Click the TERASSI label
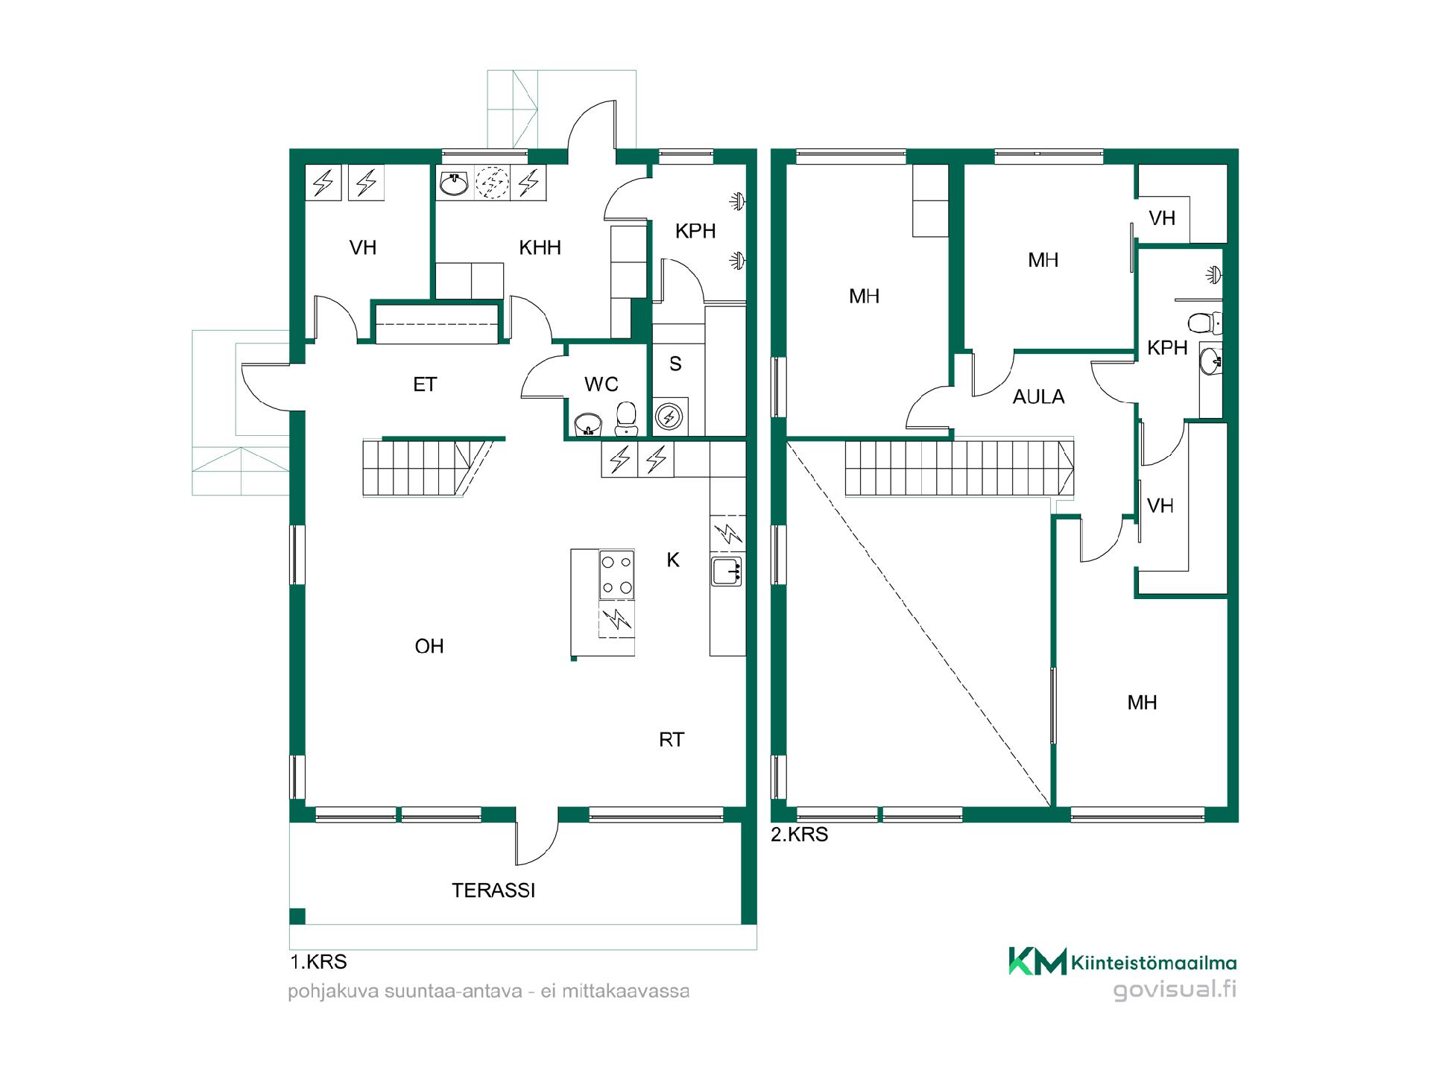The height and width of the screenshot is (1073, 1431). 493,890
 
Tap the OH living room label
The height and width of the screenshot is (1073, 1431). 429,646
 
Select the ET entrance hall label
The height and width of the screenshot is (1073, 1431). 425,384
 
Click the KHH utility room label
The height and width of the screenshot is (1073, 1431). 540,247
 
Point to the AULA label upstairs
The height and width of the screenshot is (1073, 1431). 1038,397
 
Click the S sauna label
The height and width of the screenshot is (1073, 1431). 675,364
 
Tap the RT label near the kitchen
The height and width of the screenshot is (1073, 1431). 672,740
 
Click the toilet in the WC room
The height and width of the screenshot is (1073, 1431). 627,419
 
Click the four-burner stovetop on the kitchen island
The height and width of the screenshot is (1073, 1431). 617,575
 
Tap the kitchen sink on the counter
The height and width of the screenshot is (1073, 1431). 727,571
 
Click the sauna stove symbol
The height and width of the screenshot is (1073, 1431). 669,417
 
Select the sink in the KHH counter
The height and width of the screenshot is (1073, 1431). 454,183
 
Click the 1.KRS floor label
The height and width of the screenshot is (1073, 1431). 318,962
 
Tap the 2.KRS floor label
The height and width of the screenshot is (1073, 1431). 799,835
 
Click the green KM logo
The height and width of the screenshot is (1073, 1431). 1037,961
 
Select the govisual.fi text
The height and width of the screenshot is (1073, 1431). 1175,990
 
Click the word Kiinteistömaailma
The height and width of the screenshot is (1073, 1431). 1154,963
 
